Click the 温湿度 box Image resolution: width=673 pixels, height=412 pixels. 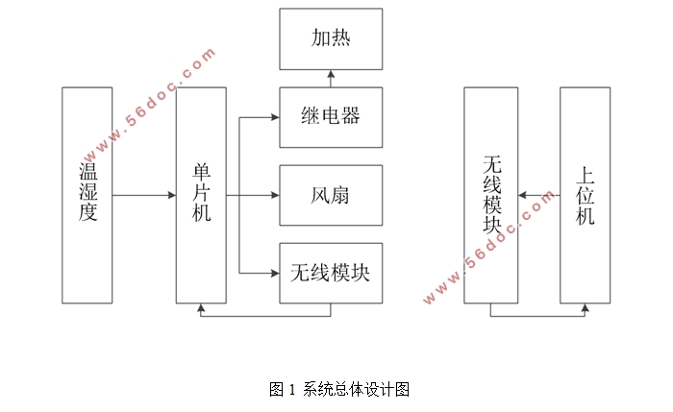[x=87, y=195]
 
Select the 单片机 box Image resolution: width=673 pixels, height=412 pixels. [x=201, y=195]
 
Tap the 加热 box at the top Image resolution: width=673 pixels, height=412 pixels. [x=331, y=38]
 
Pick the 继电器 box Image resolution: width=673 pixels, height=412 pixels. [x=331, y=117]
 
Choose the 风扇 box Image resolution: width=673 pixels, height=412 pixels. [x=331, y=196]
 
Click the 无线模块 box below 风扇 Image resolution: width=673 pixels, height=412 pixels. [x=331, y=273]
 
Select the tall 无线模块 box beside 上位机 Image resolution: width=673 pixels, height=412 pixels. [x=490, y=195]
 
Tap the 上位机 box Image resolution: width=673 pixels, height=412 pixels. [x=586, y=195]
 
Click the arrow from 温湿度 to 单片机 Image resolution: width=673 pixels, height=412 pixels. [x=144, y=196]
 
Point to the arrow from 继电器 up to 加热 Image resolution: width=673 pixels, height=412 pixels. [x=331, y=78]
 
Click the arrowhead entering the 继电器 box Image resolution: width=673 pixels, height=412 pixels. [x=275, y=118]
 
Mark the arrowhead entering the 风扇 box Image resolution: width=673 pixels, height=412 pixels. [x=275, y=196]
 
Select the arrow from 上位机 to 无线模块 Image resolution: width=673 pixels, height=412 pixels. [x=538, y=196]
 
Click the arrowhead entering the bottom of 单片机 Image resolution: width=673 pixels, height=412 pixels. [x=201, y=307]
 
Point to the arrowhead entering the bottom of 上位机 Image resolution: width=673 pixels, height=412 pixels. [x=586, y=307]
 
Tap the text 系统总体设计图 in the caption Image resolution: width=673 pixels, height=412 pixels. [x=357, y=390]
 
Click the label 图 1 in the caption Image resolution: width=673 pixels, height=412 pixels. [x=283, y=390]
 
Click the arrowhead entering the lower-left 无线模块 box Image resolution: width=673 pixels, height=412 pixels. [x=275, y=274]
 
